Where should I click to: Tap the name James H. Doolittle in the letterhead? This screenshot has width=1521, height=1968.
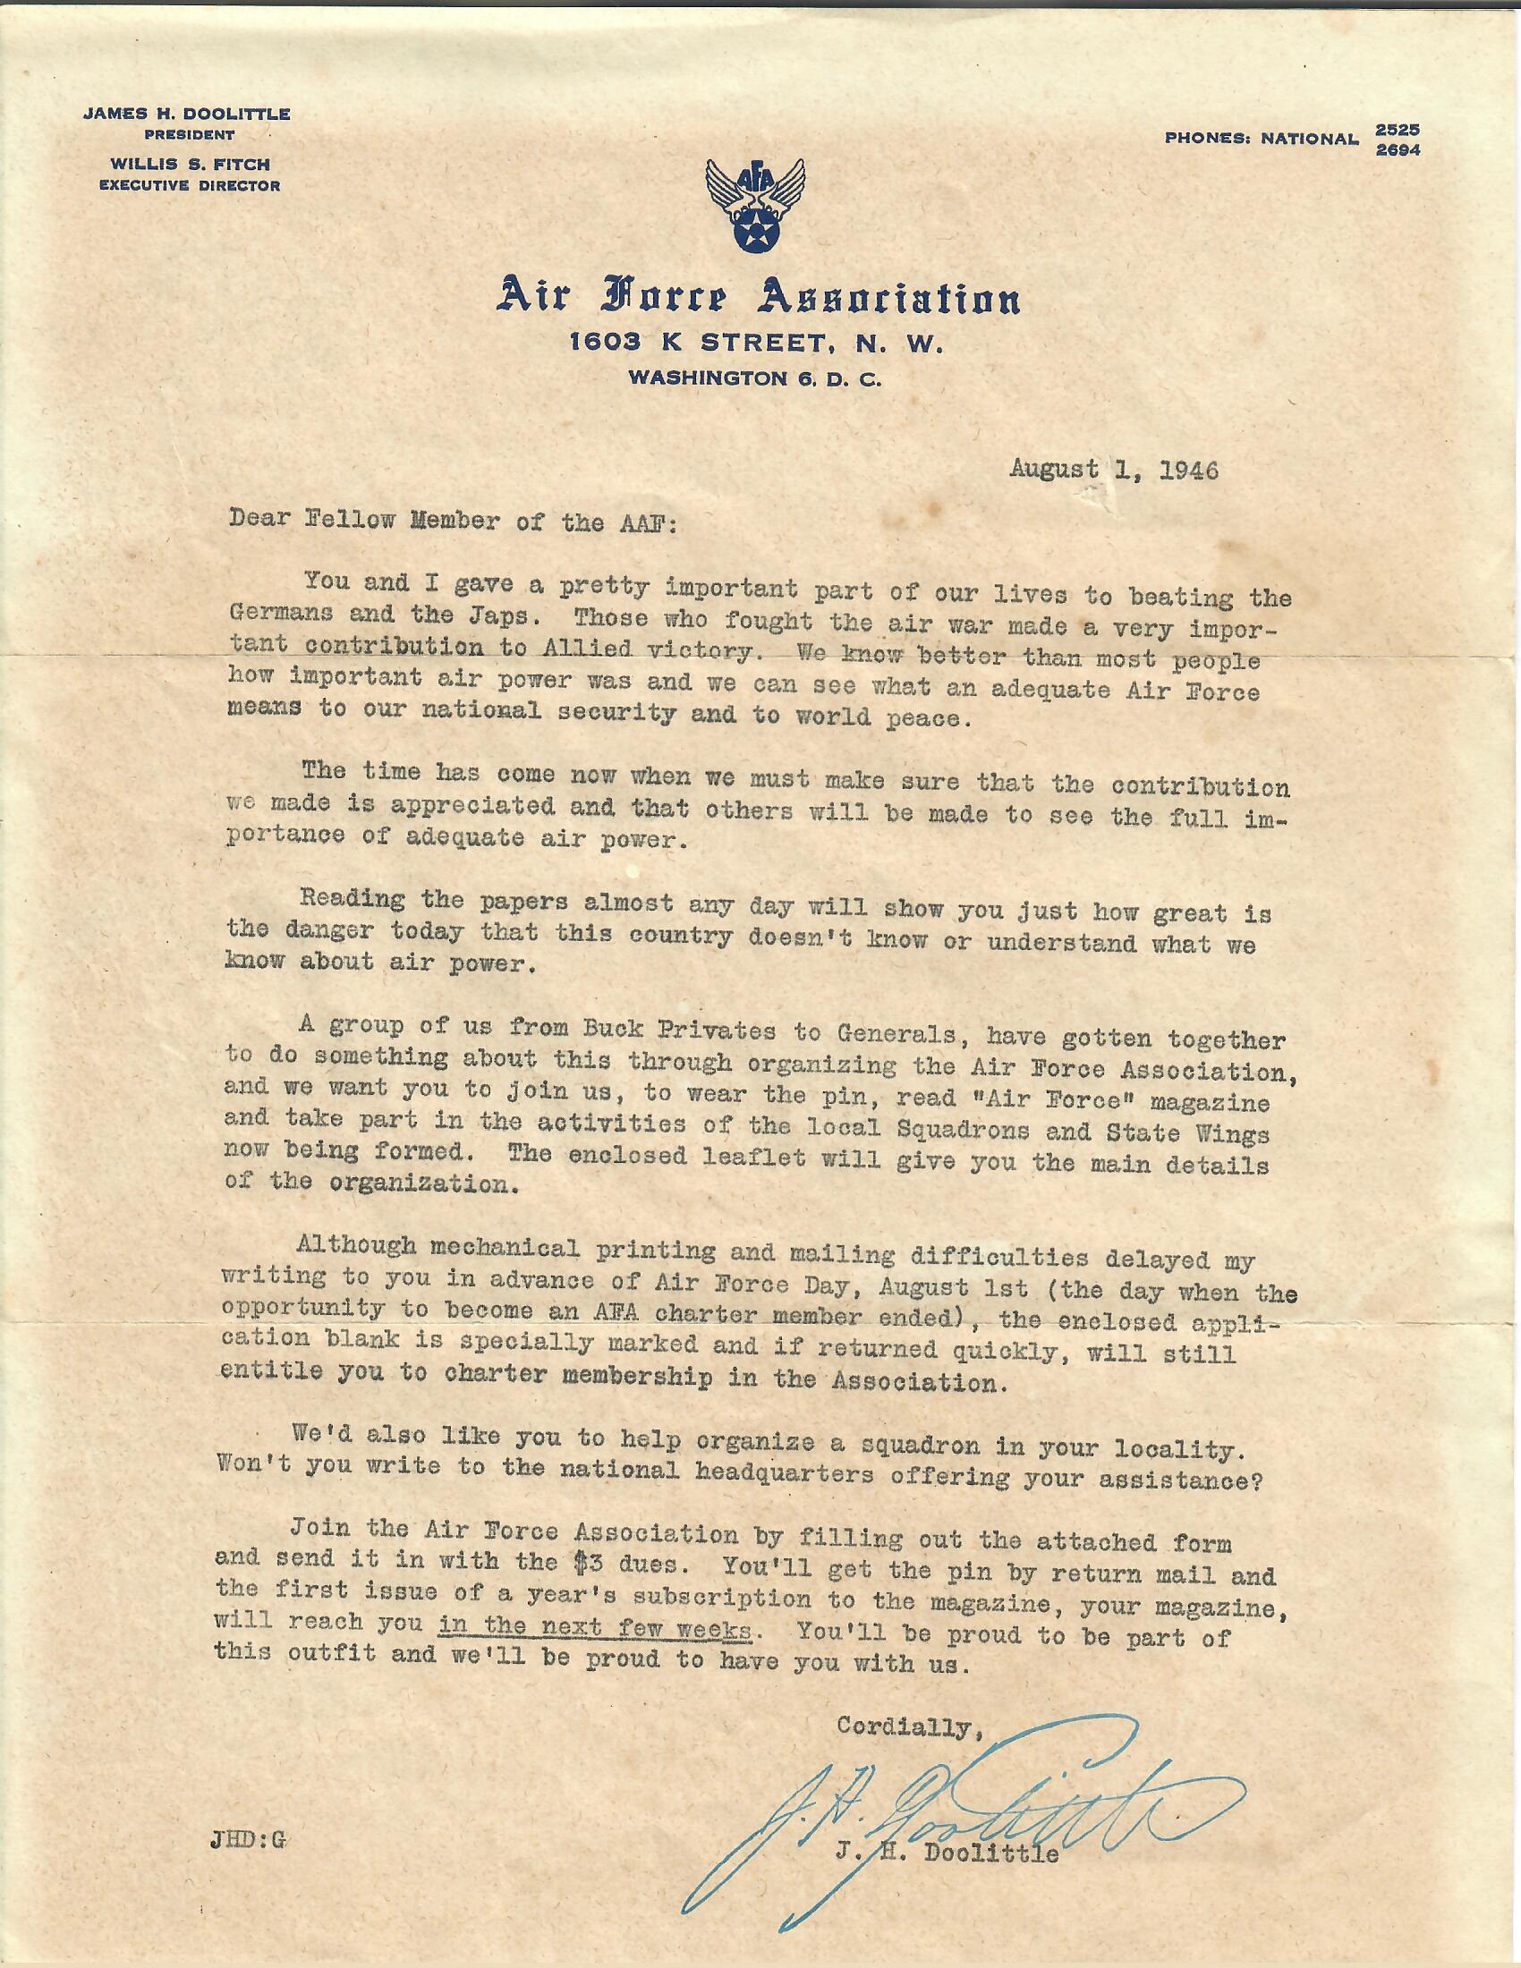[x=186, y=115]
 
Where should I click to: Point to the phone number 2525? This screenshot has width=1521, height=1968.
[x=1398, y=131]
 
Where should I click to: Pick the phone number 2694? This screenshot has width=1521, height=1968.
[x=1398, y=150]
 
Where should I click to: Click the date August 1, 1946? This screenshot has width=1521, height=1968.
[x=1114, y=471]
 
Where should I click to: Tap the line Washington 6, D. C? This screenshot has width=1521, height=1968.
[x=755, y=379]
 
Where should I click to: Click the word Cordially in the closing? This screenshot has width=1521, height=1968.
[x=905, y=1726]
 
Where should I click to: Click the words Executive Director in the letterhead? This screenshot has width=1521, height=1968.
[x=189, y=186]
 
